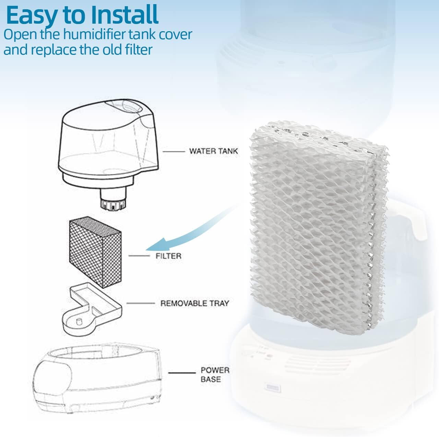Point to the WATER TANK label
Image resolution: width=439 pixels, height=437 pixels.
pos(213,151)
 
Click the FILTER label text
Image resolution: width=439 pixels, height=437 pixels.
pos(168,256)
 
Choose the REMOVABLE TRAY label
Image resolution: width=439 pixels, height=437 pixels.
pos(194,303)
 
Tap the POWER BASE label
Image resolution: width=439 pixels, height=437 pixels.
pos(215,375)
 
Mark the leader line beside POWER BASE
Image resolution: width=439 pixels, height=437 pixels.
pos(182,373)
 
